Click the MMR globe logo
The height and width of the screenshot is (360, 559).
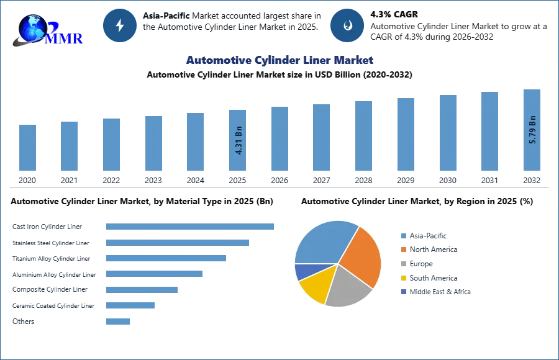pos(48,30)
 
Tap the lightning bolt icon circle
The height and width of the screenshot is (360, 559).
pos(120,25)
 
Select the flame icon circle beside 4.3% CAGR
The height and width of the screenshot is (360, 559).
pos(347,25)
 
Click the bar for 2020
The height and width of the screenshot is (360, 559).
pos(27,148)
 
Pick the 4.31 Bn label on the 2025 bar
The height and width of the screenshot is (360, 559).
pos(239,140)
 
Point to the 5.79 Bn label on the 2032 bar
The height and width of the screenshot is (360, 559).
pos(533,130)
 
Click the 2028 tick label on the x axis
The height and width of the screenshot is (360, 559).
pos(363,181)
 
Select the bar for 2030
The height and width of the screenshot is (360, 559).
pos(448,133)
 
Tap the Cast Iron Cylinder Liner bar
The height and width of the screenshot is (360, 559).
pos(190,227)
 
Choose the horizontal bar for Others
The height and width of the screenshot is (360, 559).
pos(118,322)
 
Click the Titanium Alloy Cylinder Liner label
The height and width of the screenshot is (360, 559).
pos(52,259)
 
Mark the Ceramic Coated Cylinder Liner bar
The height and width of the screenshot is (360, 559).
pos(130,305)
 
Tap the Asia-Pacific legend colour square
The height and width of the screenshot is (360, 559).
pos(404,236)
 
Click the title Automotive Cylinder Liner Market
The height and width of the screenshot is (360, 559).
pos(279,60)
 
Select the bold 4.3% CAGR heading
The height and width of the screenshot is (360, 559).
pos(394,15)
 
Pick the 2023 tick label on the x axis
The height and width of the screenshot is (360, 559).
pos(153,181)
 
